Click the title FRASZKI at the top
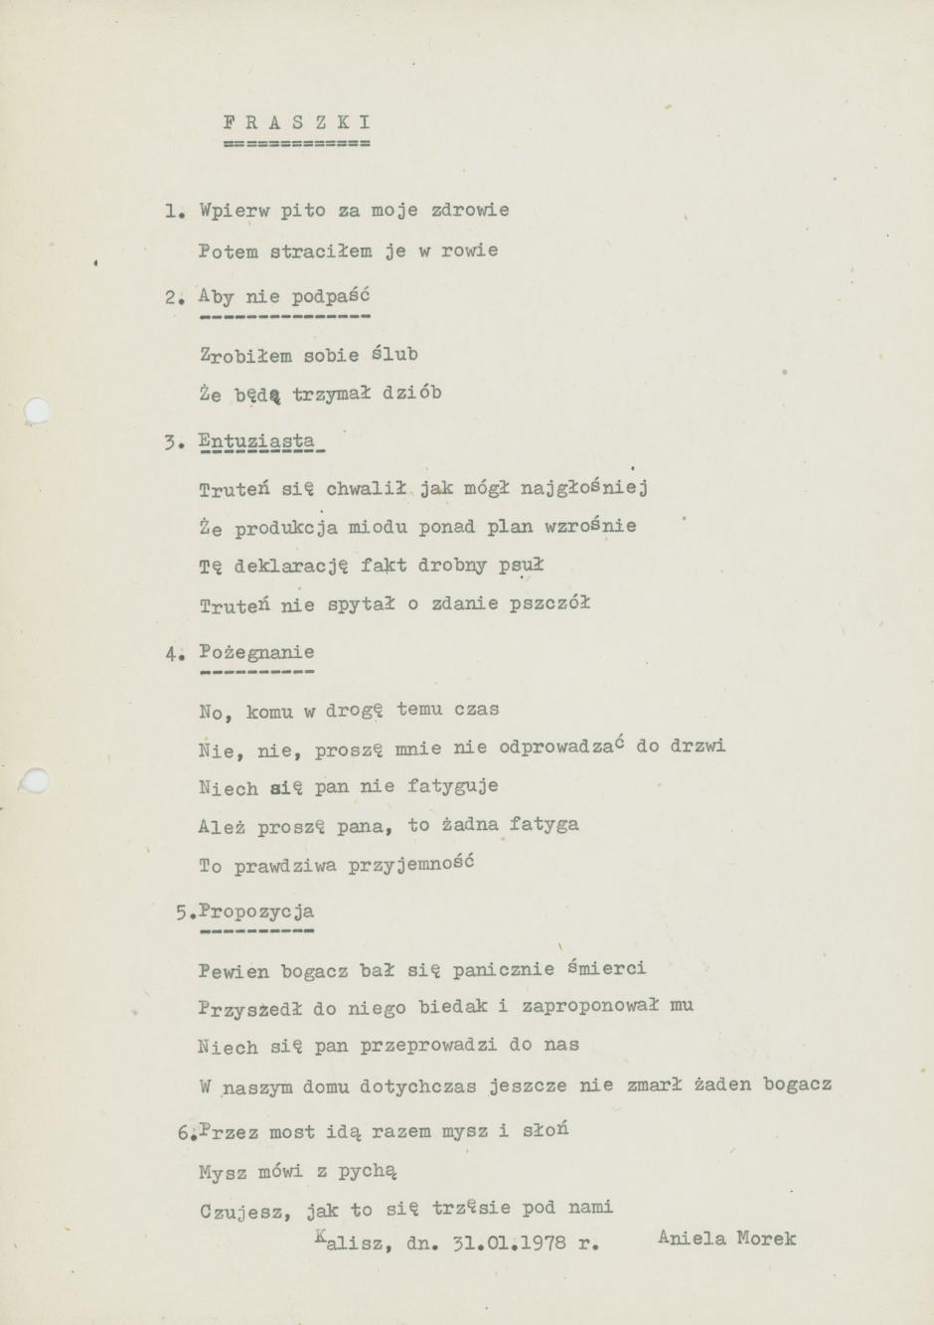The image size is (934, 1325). (297, 123)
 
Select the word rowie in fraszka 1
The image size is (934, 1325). (469, 250)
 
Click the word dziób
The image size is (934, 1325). (412, 394)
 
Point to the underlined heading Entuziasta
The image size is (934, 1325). (256, 441)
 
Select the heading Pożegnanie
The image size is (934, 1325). (256, 653)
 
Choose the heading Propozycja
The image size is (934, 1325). (256, 911)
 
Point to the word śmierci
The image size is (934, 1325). (606, 968)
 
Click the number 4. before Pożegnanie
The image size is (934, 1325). (174, 654)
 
